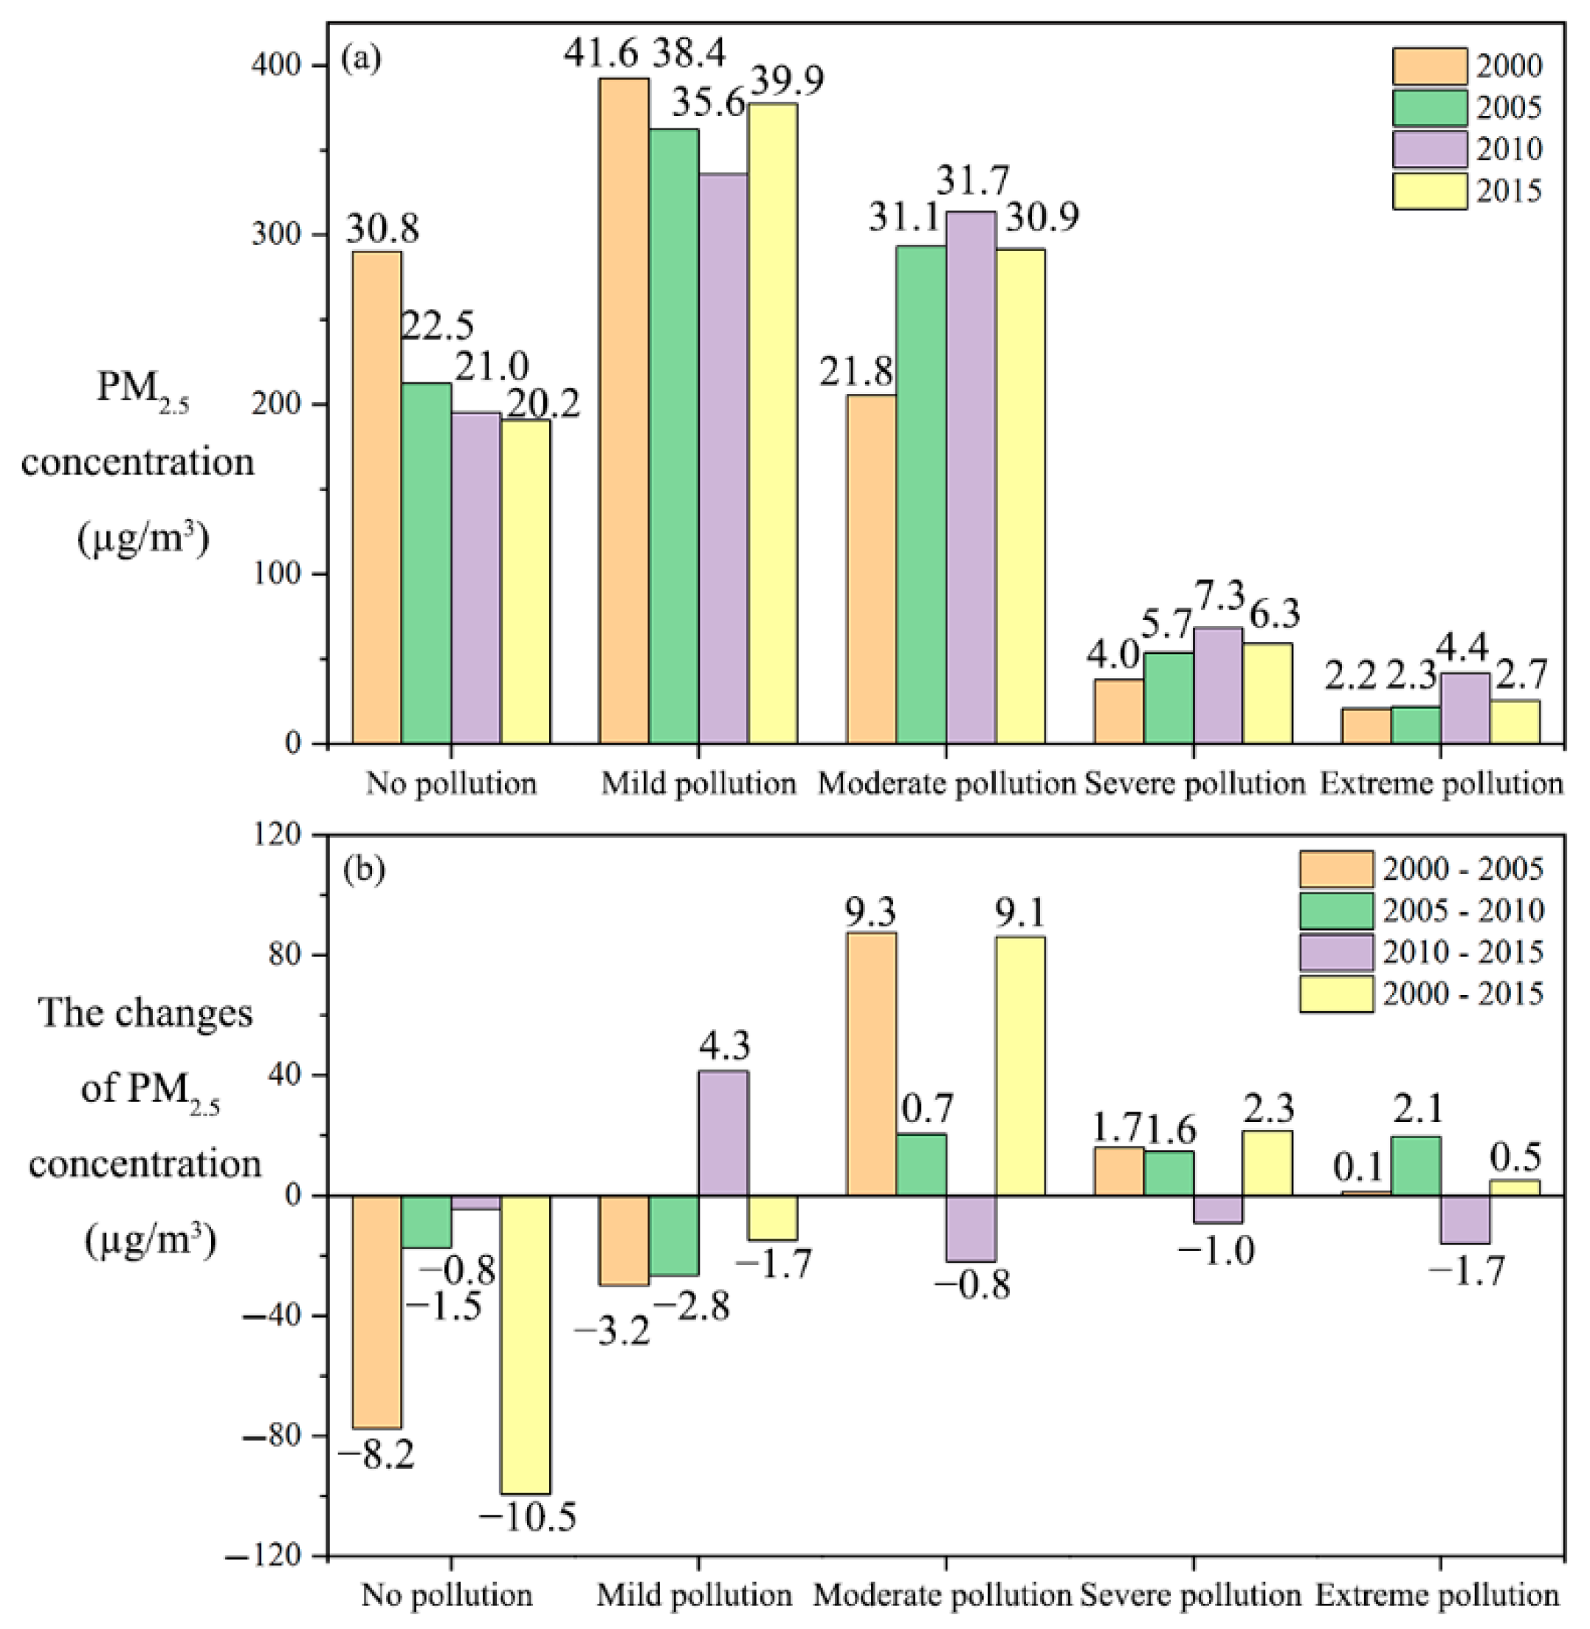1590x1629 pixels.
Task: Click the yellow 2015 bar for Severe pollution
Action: (1267, 693)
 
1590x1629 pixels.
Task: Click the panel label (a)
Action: (362, 58)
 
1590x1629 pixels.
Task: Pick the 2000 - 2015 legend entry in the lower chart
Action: (1420, 993)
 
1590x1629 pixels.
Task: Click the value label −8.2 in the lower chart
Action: (375, 1457)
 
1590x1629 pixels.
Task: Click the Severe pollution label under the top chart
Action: (1194, 784)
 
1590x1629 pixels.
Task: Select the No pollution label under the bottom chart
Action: (447, 1596)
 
